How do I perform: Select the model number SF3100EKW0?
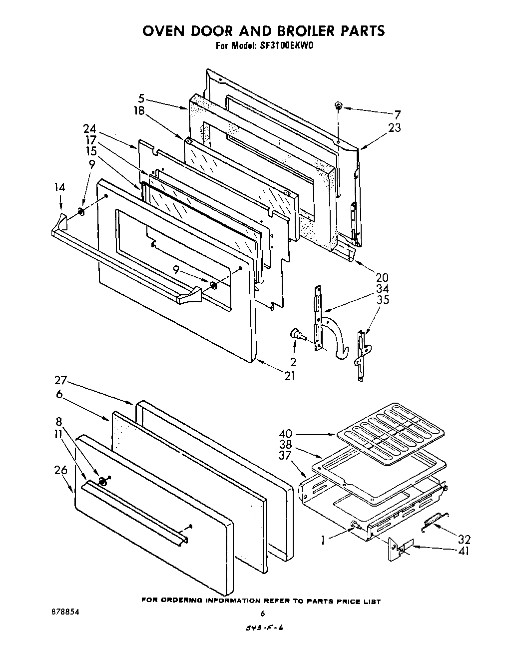click(x=286, y=45)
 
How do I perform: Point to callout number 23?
click(x=395, y=128)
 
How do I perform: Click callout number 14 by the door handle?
click(x=59, y=188)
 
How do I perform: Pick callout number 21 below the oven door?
click(x=290, y=376)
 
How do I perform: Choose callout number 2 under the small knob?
click(x=293, y=362)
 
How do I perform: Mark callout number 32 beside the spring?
click(x=464, y=540)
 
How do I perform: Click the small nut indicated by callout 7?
click(x=338, y=105)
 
